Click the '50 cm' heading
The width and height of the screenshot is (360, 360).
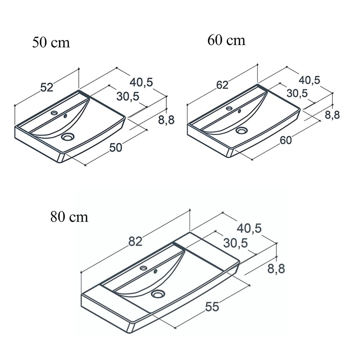point(51,42)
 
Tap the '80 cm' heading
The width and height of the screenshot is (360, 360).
point(69,217)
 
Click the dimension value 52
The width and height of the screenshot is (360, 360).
point(47,87)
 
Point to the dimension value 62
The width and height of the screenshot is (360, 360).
point(222,85)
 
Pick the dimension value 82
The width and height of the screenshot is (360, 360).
point(135,241)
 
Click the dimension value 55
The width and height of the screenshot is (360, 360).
point(212,307)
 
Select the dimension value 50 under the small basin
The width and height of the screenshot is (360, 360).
point(116,148)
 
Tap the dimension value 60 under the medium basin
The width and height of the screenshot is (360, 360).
point(286,140)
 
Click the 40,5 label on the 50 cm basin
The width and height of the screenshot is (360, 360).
point(141,82)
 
